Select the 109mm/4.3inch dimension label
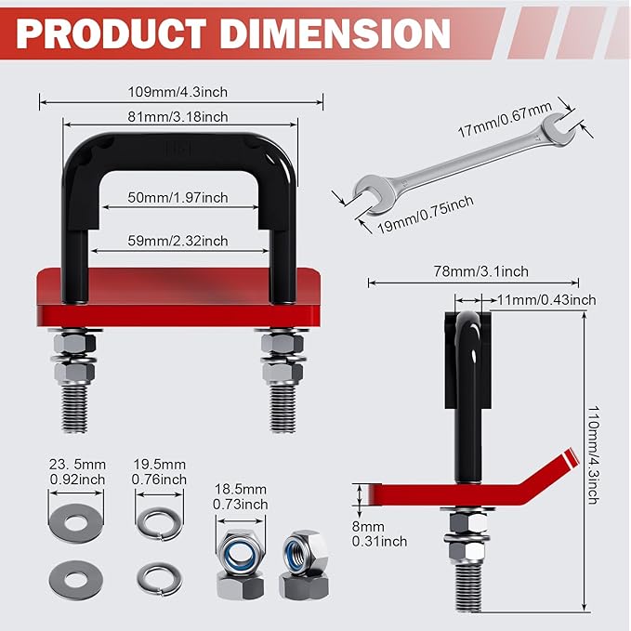click(x=179, y=92)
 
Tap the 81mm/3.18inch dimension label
click(x=179, y=115)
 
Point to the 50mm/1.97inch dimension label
click(x=179, y=197)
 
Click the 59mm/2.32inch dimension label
click(x=179, y=241)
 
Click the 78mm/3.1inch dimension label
click(x=480, y=270)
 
